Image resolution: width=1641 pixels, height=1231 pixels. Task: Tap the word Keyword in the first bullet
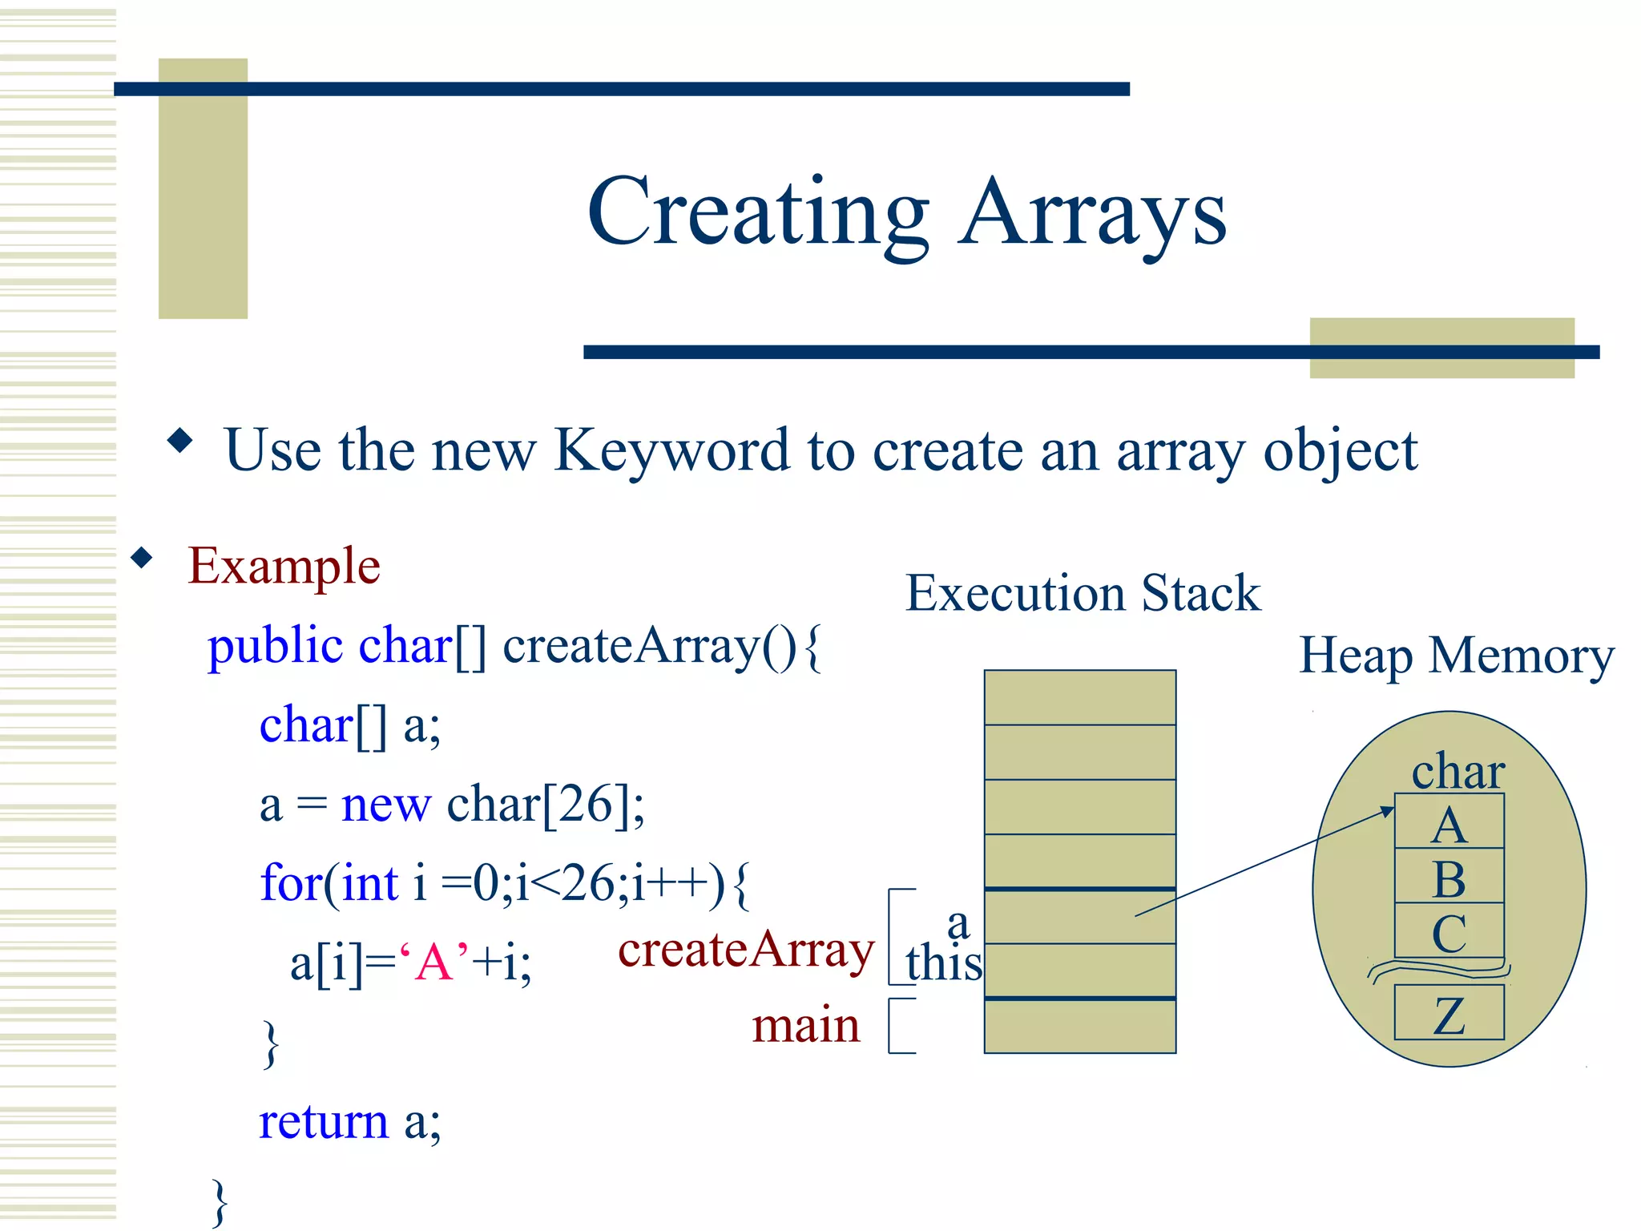(671, 450)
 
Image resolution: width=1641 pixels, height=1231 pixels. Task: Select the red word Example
(284, 566)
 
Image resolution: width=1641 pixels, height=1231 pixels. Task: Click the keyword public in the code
(275, 646)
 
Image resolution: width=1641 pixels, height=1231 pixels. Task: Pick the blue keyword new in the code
(385, 805)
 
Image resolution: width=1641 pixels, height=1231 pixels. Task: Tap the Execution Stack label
(1083, 593)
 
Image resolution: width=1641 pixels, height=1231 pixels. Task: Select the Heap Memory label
(1456, 656)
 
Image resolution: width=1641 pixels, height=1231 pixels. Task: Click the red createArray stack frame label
(746, 950)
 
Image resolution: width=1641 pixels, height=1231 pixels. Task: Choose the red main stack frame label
(805, 1025)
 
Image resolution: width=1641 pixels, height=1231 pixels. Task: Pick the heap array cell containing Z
(1449, 1013)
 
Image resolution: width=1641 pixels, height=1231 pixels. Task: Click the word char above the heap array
(1458, 771)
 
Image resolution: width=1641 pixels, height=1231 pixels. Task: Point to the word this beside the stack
(944, 963)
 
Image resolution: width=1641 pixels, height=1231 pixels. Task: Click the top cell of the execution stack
(1079, 697)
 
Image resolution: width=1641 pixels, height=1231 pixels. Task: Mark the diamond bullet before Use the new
(180, 440)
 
